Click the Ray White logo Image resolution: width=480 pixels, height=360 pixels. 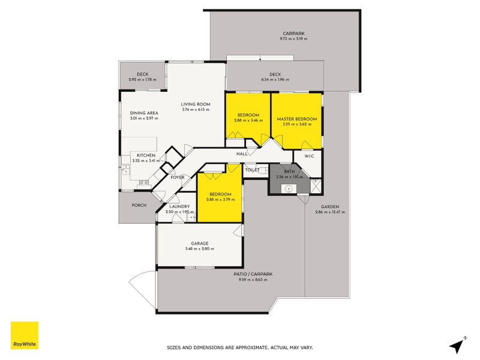(x=25, y=335)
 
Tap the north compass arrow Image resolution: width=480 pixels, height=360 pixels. (x=458, y=345)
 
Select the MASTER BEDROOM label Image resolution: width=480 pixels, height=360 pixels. (x=296, y=119)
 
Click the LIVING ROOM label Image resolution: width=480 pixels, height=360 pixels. (x=195, y=104)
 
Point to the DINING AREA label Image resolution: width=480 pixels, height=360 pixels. (x=143, y=113)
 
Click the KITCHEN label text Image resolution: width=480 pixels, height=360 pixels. (x=146, y=155)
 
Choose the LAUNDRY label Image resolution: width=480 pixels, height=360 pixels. (x=179, y=207)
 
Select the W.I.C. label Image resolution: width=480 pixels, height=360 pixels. (x=310, y=157)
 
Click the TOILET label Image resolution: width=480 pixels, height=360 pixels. (x=251, y=170)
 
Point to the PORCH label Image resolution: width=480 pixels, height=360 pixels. (x=139, y=205)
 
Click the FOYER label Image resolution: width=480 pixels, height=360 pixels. (x=177, y=178)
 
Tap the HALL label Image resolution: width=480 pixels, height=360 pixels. (x=242, y=154)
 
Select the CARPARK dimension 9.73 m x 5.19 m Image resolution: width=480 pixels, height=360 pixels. (x=293, y=39)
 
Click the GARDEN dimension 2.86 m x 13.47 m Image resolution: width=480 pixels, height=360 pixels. (x=329, y=212)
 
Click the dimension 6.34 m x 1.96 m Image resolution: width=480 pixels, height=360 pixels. (x=275, y=80)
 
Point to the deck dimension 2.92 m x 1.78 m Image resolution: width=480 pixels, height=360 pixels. (x=142, y=80)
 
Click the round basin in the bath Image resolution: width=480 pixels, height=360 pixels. (x=289, y=188)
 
